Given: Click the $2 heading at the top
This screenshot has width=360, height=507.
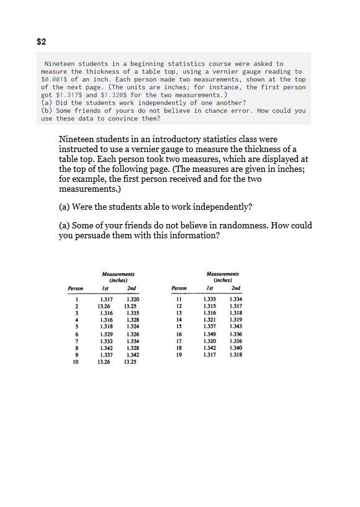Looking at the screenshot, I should coord(42,42).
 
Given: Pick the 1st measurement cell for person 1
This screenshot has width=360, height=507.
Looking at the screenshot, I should coord(106,300).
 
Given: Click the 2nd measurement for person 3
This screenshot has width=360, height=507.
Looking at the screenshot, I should coord(131,314).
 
